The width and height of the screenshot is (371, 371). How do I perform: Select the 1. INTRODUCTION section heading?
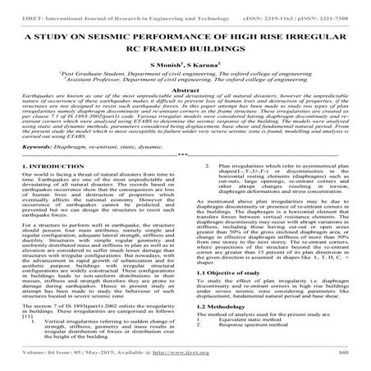45,188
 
